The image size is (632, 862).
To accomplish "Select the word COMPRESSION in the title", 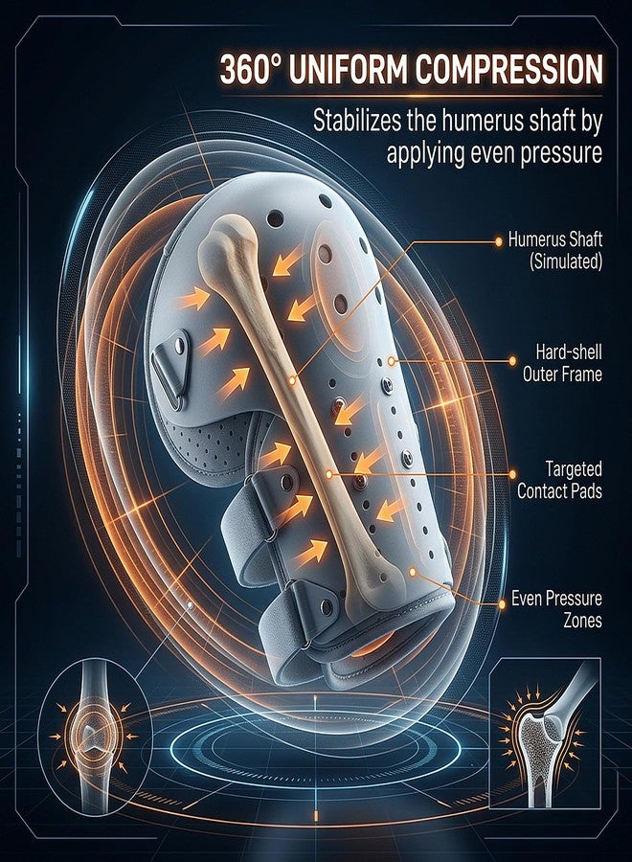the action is [x=508, y=69].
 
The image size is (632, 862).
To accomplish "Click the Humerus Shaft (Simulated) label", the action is [x=555, y=251].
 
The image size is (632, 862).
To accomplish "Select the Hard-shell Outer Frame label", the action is [x=562, y=363].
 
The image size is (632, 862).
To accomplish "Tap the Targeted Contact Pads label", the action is [x=559, y=480].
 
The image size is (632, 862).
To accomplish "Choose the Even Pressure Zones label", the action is [x=556, y=609].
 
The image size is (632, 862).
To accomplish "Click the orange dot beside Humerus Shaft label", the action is [x=499, y=240].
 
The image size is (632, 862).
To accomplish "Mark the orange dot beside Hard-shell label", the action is [x=512, y=361].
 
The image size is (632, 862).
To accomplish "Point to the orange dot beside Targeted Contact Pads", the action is [x=512, y=474].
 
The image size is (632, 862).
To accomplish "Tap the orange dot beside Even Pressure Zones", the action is [x=501, y=603].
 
